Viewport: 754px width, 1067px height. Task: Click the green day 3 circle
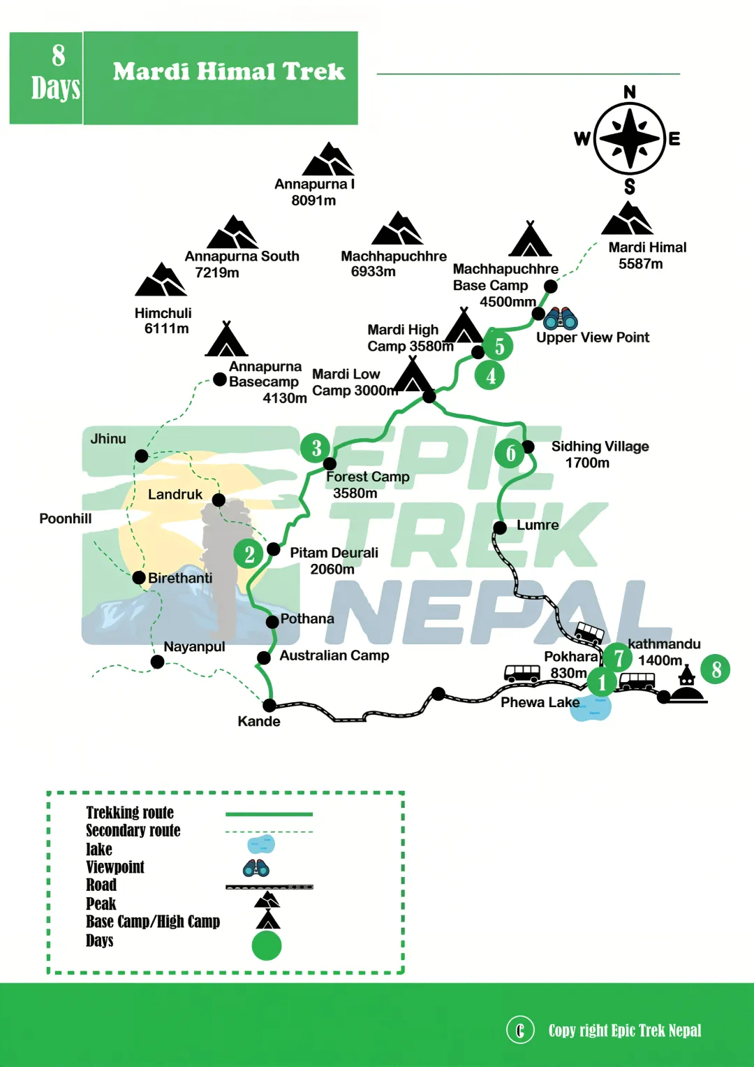[x=316, y=448]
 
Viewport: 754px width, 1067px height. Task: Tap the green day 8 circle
[x=716, y=669]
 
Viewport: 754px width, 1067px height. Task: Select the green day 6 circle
[x=510, y=453]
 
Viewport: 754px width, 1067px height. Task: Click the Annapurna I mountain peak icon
[x=327, y=160]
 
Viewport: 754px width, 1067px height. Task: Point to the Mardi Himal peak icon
[x=627, y=219]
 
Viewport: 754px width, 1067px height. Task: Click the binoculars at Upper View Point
[x=561, y=318]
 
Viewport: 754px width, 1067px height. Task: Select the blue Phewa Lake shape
[x=591, y=706]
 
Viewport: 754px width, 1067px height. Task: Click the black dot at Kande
[x=269, y=706]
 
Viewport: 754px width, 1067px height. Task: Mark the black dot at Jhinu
[x=142, y=456]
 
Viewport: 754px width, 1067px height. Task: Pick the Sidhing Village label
[x=600, y=447]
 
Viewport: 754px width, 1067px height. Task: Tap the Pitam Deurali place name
[x=334, y=553]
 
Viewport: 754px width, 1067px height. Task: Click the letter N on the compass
[x=630, y=92]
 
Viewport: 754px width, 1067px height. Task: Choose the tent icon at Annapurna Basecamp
[x=226, y=340]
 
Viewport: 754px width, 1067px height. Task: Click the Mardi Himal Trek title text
[x=229, y=71]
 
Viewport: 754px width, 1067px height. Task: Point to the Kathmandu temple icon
[x=687, y=685]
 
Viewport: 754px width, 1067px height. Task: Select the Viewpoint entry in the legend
[x=115, y=867]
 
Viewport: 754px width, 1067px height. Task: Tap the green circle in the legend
[x=267, y=945]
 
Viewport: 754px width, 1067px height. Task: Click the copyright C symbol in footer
[x=520, y=1030]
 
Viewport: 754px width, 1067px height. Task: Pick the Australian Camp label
[x=334, y=655]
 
